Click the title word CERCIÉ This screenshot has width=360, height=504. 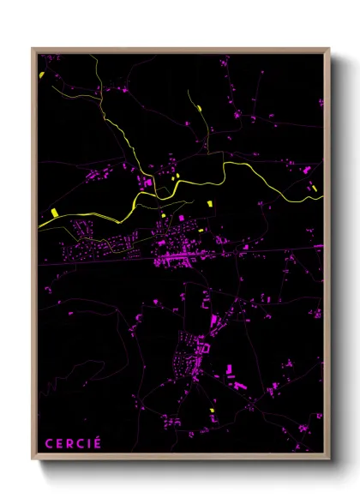click(x=73, y=443)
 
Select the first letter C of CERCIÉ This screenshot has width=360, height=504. click(x=48, y=443)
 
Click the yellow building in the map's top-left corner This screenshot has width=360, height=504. click(x=41, y=75)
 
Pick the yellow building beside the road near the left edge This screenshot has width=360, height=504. click(x=53, y=211)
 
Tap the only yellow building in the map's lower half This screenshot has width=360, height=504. click(x=212, y=410)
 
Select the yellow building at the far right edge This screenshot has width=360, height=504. click(x=313, y=186)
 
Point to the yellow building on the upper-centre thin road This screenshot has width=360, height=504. click(x=199, y=108)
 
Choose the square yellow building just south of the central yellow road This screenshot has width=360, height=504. click(x=208, y=203)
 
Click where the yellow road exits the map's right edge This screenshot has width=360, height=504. click(x=322, y=197)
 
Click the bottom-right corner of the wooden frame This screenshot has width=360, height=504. click(x=329, y=462)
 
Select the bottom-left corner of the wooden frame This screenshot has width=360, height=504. click(x=33, y=462)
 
